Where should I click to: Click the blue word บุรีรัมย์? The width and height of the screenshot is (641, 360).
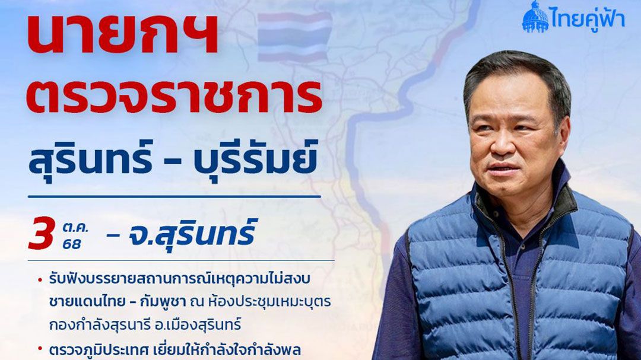click(x=255, y=157)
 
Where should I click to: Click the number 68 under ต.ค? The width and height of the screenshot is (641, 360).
click(x=72, y=244)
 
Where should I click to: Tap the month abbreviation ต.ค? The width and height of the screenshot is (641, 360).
click(x=75, y=227)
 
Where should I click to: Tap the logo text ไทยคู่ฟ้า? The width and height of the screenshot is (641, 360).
click(x=587, y=18)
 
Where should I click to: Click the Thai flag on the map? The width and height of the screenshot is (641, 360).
click(x=294, y=37)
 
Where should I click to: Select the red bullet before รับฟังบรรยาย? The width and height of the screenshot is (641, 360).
click(x=40, y=280)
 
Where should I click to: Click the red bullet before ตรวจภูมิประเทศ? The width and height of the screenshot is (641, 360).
click(x=40, y=349)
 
